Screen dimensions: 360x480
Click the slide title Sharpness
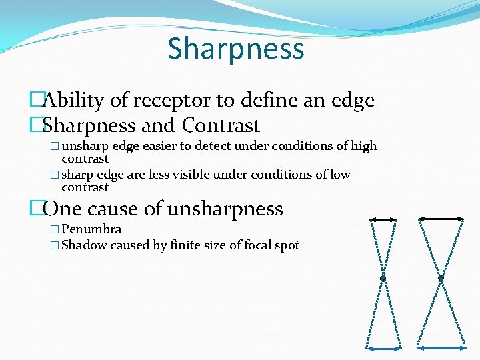tap(236, 49)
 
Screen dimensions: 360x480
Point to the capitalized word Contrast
tap(221, 125)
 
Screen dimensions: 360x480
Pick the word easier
tap(161, 146)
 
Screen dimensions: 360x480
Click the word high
tap(364, 146)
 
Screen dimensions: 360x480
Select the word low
tap(340, 175)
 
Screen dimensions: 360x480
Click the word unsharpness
tap(225, 209)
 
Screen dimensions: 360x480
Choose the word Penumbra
tap(91, 229)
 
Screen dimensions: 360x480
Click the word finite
tap(188, 245)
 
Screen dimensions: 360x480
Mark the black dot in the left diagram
tap(383, 278)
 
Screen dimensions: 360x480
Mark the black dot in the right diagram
tap(441, 278)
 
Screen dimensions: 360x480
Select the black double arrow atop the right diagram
tap(441, 218)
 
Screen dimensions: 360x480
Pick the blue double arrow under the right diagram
tap(441, 347)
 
